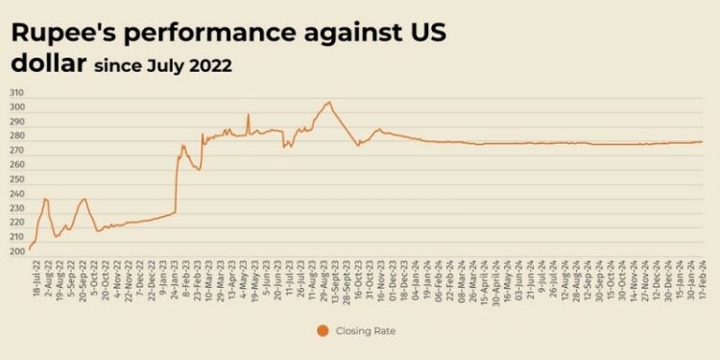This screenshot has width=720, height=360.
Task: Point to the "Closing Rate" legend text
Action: coord(366,331)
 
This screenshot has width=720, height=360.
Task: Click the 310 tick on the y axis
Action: coord(17,92)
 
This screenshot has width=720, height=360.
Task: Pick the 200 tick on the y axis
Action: coord(17,252)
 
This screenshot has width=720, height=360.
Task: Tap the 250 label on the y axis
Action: coord(17,180)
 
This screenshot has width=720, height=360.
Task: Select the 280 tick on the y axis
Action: coord(17,135)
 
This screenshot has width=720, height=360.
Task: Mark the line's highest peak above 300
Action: coord(328,102)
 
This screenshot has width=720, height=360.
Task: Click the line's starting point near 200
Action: coord(30,249)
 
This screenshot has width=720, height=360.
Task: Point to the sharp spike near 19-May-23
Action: coord(248,114)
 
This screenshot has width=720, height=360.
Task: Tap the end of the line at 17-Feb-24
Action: coord(702,142)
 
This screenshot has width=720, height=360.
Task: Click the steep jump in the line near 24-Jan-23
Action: coord(176,182)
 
